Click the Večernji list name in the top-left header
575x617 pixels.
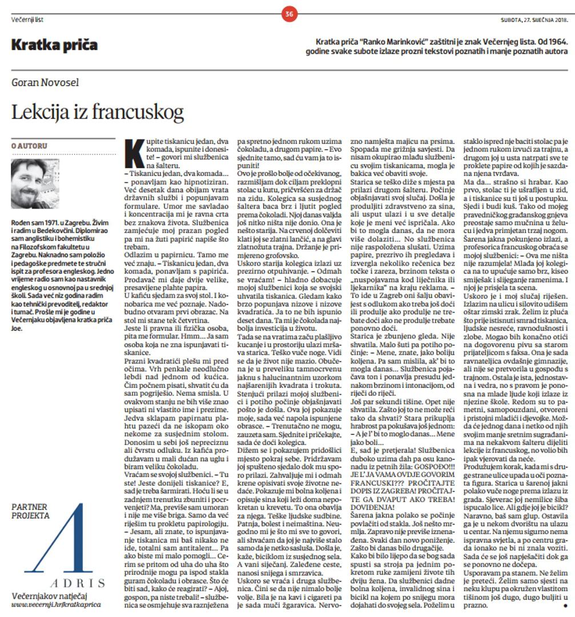27,20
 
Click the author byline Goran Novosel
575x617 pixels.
46,83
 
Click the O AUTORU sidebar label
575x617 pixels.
29,146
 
